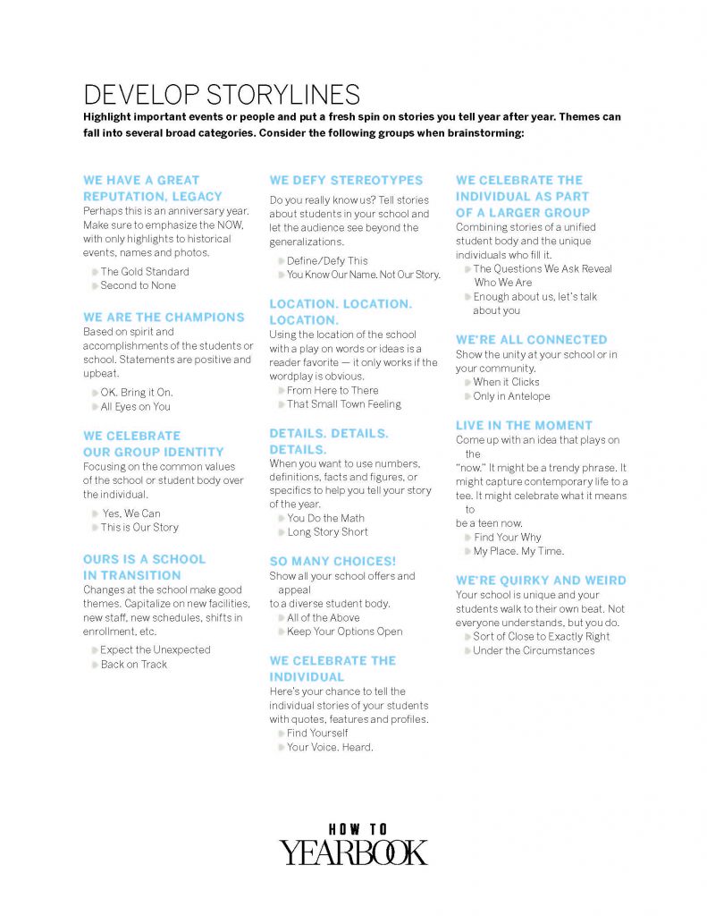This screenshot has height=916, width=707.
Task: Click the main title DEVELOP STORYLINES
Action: [x=222, y=95]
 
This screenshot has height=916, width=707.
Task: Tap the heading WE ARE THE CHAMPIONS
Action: [x=164, y=318]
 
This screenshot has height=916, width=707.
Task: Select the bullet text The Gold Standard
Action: [x=145, y=272]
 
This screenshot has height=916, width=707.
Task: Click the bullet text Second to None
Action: [x=139, y=286]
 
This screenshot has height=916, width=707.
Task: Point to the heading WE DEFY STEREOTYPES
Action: [x=346, y=181]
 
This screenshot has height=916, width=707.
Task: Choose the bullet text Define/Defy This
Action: [x=327, y=261]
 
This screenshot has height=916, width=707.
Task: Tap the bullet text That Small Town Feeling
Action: [x=344, y=404]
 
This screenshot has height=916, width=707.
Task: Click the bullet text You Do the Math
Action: [x=325, y=518]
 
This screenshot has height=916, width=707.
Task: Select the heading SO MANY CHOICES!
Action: [x=332, y=561]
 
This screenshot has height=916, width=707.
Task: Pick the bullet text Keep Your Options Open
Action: [x=344, y=632]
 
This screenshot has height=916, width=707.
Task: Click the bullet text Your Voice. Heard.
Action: [x=330, y=747]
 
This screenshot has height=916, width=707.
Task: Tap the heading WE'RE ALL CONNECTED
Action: [x=531, y=340]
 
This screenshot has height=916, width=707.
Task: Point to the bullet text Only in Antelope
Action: [x=511, y=396]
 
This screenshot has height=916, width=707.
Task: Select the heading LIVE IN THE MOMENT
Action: [x=524, y=426]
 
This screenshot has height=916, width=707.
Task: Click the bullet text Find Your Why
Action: [x=507, y=538]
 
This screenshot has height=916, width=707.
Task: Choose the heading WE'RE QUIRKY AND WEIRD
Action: [x=541, y=581]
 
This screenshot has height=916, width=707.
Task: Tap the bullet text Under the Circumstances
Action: [x=534, y=650]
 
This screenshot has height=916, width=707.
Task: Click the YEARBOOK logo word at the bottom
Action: [x=354, y=852]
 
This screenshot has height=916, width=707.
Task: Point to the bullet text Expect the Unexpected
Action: [x=156, y=650]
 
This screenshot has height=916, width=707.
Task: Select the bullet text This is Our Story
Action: [x=139, y=528]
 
